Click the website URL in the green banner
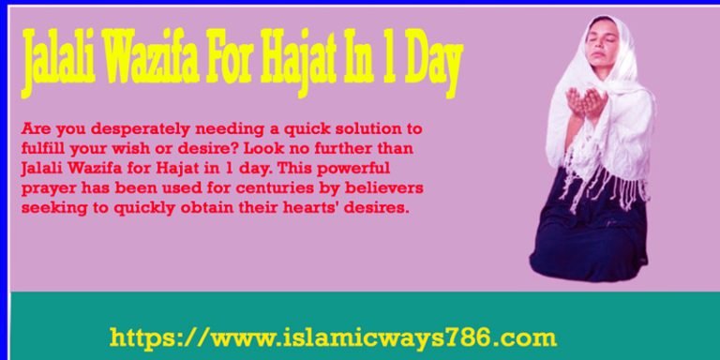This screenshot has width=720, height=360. pyautogui.click(x=333, y=337)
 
